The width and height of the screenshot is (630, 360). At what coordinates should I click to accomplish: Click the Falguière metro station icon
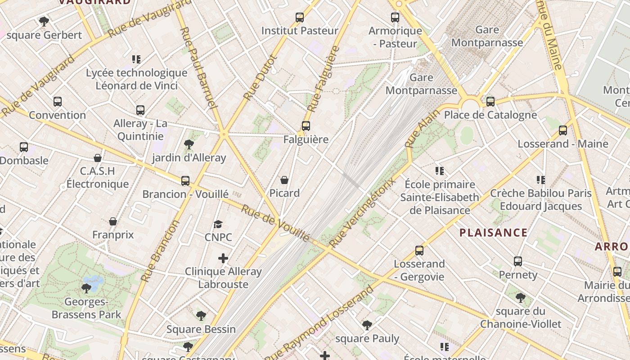pos(306,126)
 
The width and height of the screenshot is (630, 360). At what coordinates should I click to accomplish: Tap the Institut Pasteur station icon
pos(300,18)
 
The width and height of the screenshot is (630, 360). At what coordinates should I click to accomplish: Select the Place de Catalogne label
pos(490,115)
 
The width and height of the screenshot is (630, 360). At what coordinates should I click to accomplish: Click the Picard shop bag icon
pos(284,180)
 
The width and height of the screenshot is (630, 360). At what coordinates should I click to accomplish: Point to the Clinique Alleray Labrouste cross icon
pos(223,258)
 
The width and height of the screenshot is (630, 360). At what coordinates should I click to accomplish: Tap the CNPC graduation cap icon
pos(218,224)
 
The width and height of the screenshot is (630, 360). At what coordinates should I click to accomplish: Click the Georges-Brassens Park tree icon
pos(86,288)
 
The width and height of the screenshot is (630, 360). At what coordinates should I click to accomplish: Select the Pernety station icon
pos(518,261)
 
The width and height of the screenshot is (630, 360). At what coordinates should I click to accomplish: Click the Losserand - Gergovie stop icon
pos(419,251)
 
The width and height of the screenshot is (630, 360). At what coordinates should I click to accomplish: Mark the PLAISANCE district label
pos(493,233)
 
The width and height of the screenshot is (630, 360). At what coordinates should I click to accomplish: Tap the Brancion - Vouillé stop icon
pos(185,181)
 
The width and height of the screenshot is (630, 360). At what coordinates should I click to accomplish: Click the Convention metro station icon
pos(58,102)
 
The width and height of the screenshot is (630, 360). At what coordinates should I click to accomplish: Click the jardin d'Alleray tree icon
pos(189,144)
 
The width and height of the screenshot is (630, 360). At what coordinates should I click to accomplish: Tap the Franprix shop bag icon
pos(113,222)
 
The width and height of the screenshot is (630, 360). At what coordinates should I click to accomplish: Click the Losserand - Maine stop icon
pos(563,131)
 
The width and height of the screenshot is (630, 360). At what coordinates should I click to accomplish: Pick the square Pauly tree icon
pos(367,325)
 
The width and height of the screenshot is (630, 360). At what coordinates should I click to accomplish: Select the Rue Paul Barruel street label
pos(198,67)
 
